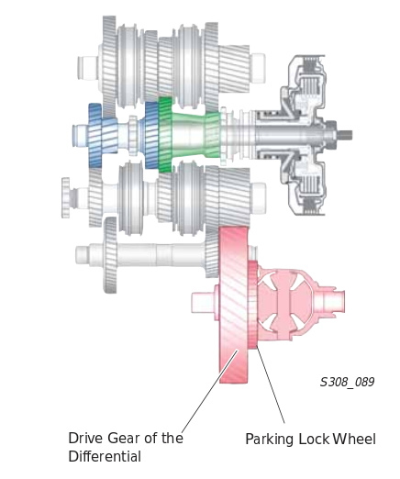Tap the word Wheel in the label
tap(354, 439)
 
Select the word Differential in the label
tap(105, 456)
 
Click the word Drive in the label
tap(86, 438)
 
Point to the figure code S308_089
tap(347, 382)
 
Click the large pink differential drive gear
tap(233, 305)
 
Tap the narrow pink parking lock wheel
tap(252, 305)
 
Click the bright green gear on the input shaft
tap(165, 135)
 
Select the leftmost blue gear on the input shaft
tap(94, 135)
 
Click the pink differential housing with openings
tap(284, 303)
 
